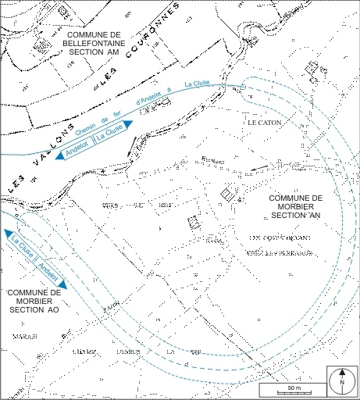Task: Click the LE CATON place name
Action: (263, 123)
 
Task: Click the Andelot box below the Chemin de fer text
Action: (78, 147)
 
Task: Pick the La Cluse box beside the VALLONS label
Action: (108, 134)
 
